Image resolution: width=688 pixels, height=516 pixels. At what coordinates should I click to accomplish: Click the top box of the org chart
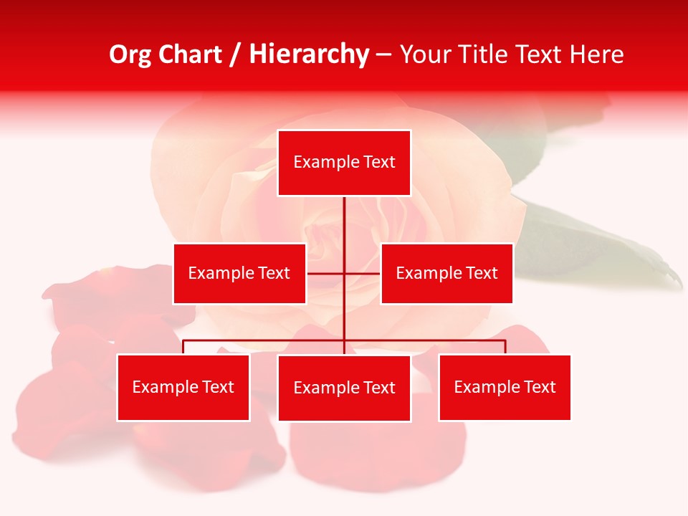[344, 163]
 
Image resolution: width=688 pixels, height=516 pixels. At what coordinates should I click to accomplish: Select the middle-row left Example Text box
[239, 273]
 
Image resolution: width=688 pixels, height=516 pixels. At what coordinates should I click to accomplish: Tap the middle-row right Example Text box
[446, 273]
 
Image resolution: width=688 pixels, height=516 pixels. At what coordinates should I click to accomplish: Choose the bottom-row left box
[183, 387]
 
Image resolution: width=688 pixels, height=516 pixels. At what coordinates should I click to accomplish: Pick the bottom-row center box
[344, 388]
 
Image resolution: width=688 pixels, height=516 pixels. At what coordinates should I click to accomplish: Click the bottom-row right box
[505, 387]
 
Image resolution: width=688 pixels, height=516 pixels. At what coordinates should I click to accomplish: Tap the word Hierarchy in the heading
[309, 54]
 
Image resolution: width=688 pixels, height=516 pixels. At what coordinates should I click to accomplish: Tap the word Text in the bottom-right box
[539, 387]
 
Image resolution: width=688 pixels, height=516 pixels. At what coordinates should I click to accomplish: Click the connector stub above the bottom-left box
[183, 347]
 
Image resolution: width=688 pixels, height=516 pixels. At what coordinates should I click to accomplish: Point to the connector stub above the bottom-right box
[505, 347]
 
